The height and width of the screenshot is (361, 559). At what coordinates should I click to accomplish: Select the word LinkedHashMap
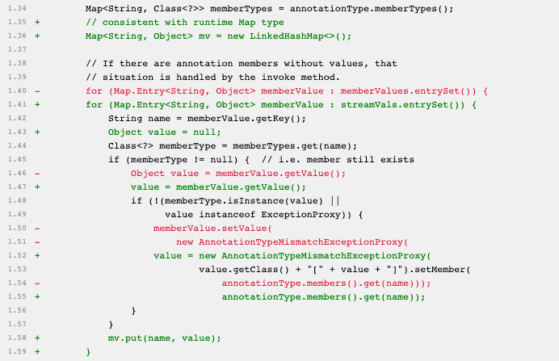point(289,36)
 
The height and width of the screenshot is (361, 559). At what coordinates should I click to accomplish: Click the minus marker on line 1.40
point(37,90)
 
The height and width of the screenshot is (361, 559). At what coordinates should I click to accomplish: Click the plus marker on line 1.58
point(37,338)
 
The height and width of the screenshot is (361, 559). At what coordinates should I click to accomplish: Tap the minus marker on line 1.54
point(37,283)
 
